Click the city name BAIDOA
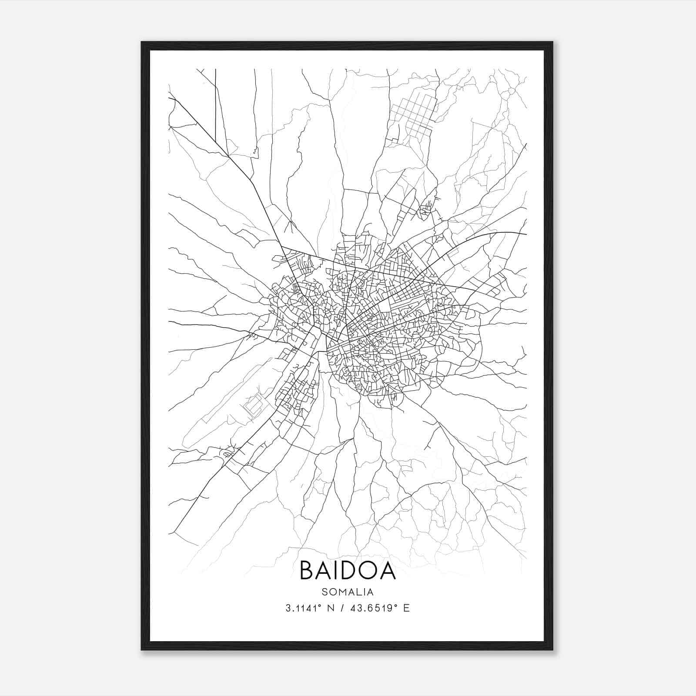348,570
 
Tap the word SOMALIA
348,592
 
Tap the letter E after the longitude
407,608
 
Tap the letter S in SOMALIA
325,592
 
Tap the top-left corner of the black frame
142,43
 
